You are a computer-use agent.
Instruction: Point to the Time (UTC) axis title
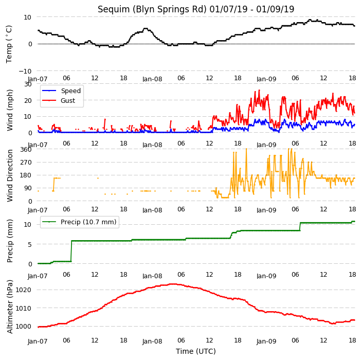click(x=196, y=351)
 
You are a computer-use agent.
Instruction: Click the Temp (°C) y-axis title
click(x=9, y=44)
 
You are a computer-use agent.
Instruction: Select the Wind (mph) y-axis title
click(x=10, y=110)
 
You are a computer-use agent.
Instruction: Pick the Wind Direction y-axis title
click(x=10, y=175)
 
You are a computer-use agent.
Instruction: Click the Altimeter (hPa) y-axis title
click(x=10, y=307)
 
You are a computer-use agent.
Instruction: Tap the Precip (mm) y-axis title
click(x=10, y=241)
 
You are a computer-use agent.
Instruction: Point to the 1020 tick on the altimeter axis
click(x=23, y=290)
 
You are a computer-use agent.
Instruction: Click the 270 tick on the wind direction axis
click(x=26, y=163)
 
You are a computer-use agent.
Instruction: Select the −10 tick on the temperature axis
click(x=25, y=71)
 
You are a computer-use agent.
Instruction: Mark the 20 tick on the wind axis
click(x=28, y=100)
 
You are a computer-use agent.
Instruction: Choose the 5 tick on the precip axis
click(x=30, y=244)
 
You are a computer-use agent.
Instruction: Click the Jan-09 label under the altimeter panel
click(x=266, y=341)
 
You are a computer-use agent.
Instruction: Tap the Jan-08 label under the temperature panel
click(x=152, y=79)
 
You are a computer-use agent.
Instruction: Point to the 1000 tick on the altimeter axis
click(x=23, y=326)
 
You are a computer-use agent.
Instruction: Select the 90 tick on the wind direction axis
click(x=28, y=188)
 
